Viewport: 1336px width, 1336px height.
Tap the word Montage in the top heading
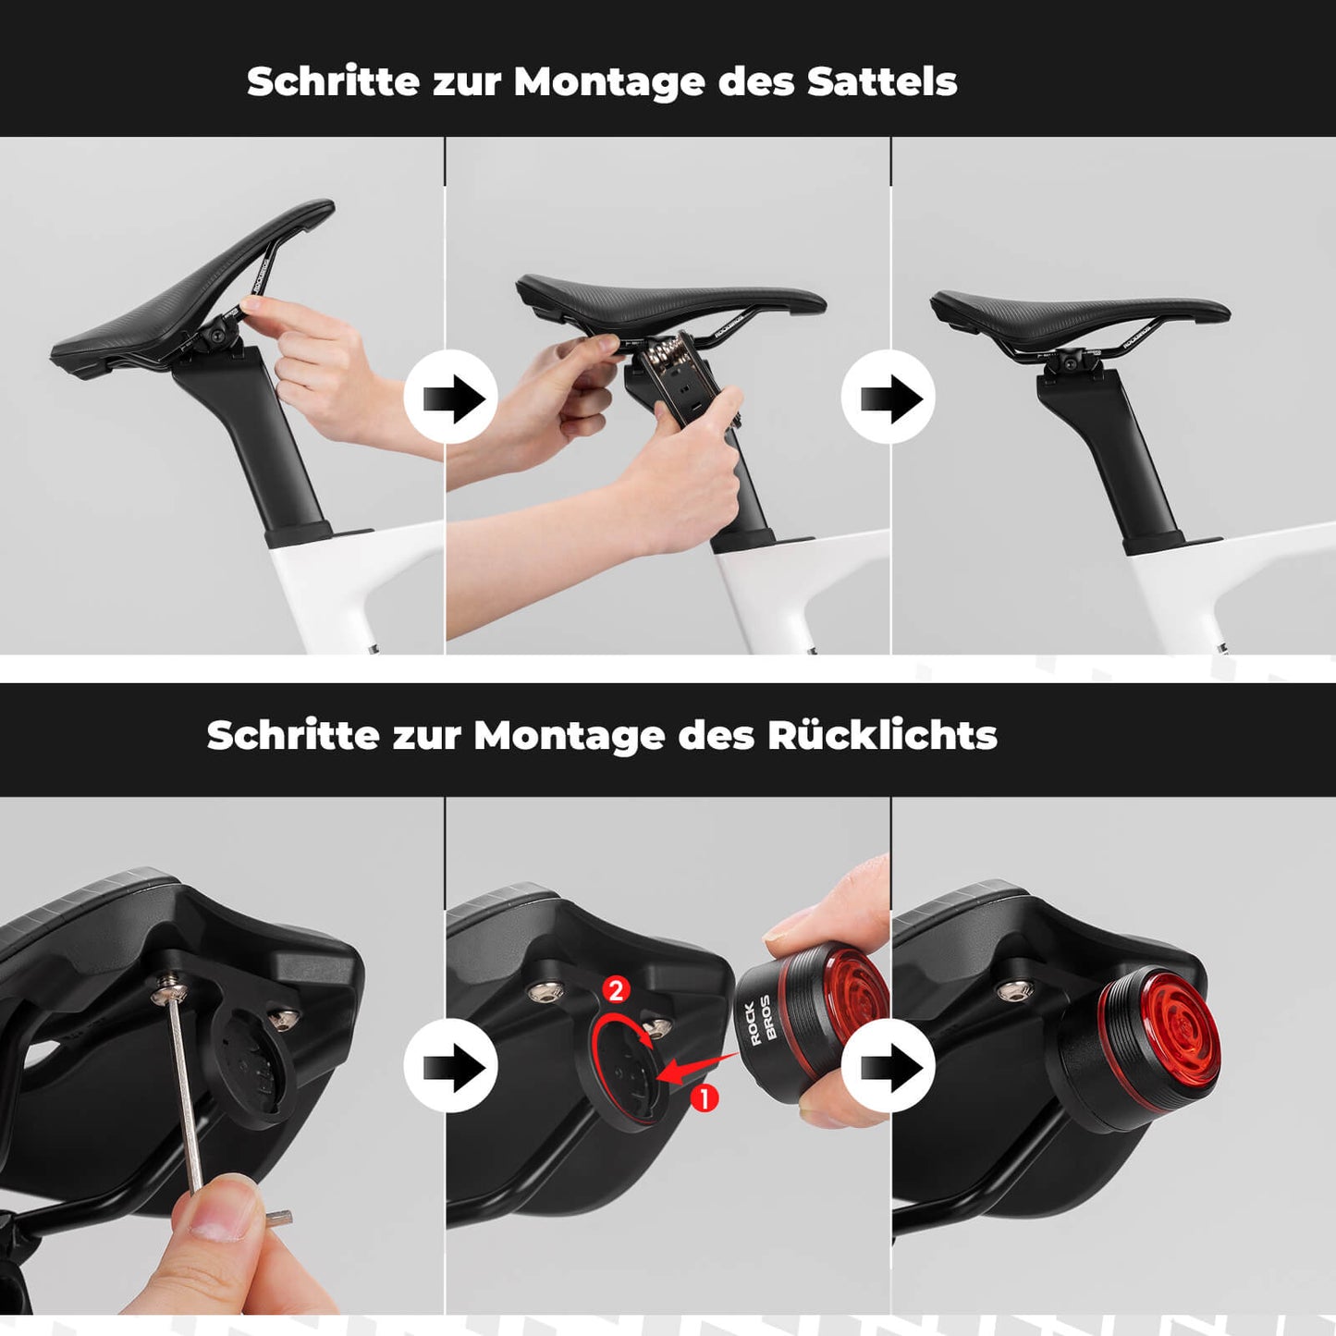(x=609, y=83)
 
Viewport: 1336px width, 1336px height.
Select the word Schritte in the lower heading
(x=293, y=736)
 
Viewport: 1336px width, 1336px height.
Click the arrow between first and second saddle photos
(x=451, y=398)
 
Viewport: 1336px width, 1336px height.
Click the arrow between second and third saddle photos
(x=889, y=398)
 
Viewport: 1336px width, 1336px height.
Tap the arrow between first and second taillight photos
(x=451, y=1067)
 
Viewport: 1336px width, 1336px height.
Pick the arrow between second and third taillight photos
(x=889, y=1067)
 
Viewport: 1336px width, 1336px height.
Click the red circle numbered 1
(x=705, y=1098)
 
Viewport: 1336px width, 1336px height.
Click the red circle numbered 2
(x=616, y=990)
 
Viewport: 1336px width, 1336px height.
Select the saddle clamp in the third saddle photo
(x=1072, y=362)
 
